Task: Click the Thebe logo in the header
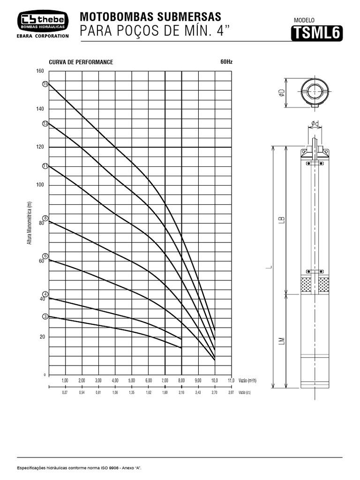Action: (x=43, y=21)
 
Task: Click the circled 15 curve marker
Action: (x=45, y=83)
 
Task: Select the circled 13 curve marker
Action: (x=45, y=124)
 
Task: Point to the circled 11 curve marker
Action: (x=45, y=166)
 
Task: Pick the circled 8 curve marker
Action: (x=45, y=218)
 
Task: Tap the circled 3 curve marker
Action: (x=45, y=316)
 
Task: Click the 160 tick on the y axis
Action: (x=40, y=71)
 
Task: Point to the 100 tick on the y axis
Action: (x=40, y=185)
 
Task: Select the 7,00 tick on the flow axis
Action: (x=165, y=380)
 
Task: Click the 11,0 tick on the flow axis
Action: (x=231, y=380)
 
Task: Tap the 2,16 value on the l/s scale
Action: (x=182, y=393)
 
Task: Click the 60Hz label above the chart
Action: (x=226, y=61)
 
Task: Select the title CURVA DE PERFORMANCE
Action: (x=81, y=62)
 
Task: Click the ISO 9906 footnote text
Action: (x=79, y=468)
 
